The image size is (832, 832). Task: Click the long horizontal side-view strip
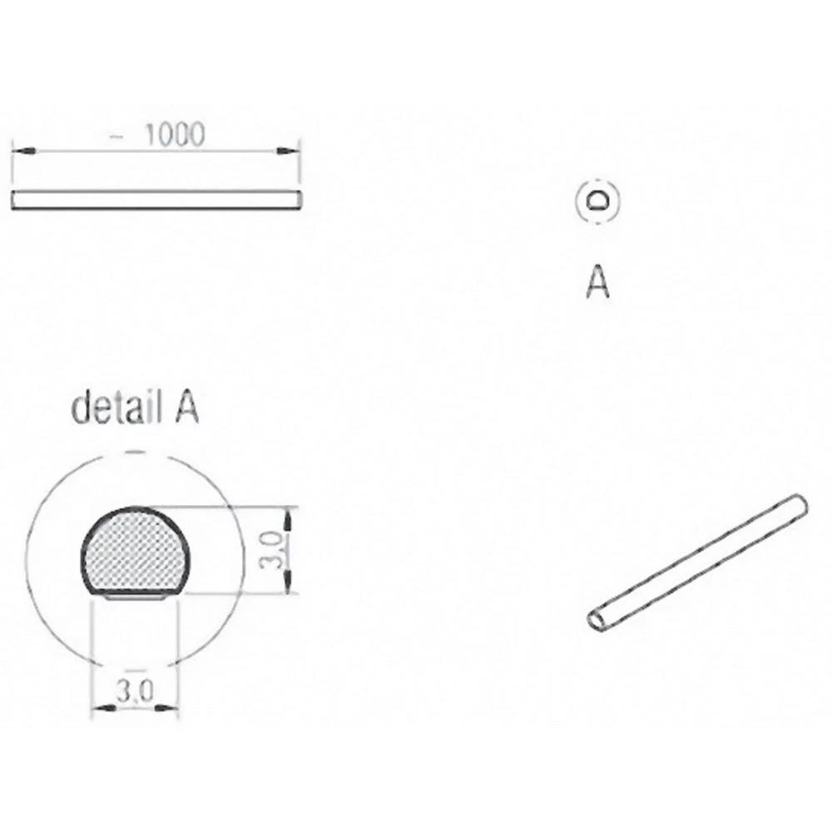[156, 200]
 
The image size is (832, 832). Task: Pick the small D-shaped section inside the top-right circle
[598, 201]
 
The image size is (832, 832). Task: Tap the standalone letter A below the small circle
[597, 282]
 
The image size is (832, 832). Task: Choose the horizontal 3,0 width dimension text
[135, 692]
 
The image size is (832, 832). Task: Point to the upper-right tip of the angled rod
[800, 502]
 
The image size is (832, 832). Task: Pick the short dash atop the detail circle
[134, 450]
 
